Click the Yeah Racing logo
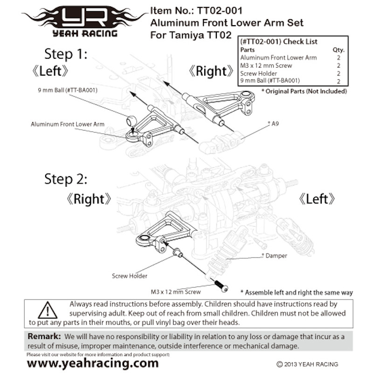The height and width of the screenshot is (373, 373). [x=83, y=21]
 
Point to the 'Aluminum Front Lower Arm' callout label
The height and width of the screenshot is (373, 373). [x=68, y=124]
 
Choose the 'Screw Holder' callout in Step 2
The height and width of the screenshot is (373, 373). [x=130, y=276]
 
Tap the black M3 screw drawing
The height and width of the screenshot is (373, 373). [x=221, y=285]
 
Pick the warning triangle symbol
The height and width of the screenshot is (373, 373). [x=48, y=310]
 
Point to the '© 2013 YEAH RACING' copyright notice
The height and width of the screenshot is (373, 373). [x=307, y=364]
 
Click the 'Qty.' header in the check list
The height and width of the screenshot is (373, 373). [x=338, y=49]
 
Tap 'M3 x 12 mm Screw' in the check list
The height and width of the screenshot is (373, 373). [x=266, y=65]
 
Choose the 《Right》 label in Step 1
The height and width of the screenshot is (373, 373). [x=211, y=71]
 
